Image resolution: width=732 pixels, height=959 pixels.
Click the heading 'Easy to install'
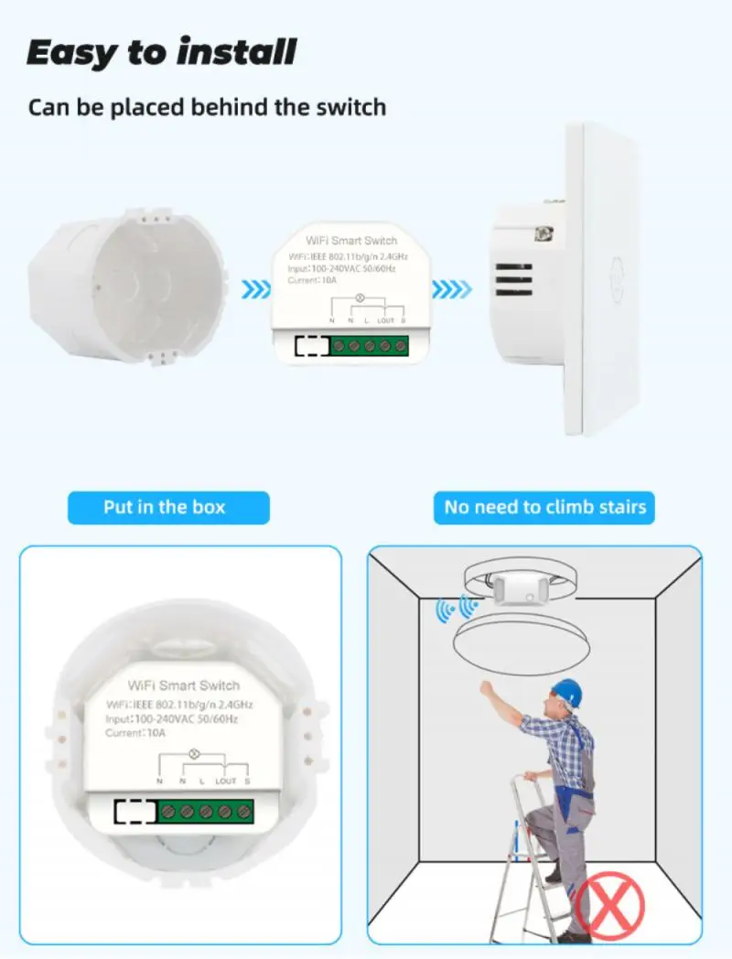[161, 52]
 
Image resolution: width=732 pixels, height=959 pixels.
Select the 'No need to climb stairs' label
[544, 508]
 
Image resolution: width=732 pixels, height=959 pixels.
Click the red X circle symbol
[609, 906]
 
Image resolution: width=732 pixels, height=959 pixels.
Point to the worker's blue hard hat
[567, 693]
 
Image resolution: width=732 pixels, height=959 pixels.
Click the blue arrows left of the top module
[255, 288]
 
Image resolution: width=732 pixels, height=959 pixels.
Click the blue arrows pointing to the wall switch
[451, 288]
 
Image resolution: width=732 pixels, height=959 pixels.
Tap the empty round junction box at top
[126, 286]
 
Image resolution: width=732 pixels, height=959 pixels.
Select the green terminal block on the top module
[370, 346]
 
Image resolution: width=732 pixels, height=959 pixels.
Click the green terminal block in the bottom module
[206, 812]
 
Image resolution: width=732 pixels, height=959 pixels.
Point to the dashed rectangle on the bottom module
[135, 812]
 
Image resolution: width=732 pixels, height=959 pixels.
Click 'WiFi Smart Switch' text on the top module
[351, 241]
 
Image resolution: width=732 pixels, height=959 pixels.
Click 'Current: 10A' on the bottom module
[135, 733]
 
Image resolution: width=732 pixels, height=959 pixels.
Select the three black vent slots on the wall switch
[513, 279]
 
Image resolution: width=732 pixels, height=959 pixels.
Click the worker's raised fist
[486, 687]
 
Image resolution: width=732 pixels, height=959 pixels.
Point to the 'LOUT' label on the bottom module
[225, 781]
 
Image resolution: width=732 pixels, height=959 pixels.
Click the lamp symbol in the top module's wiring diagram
[361, 298]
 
